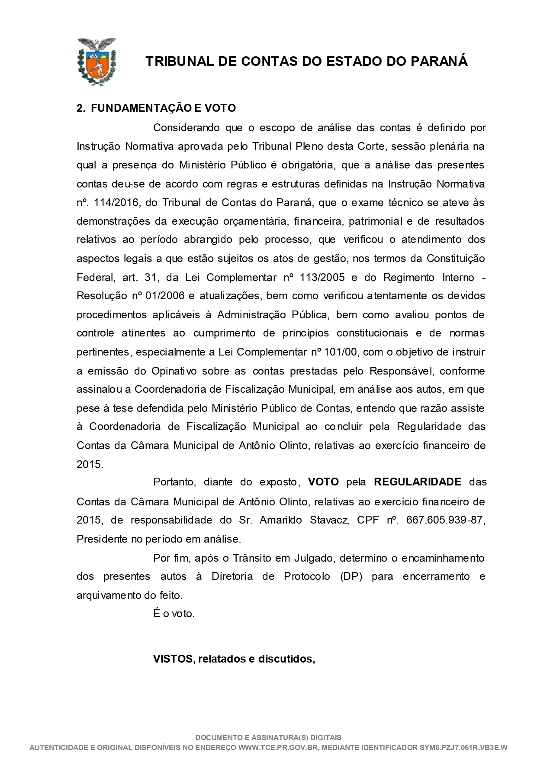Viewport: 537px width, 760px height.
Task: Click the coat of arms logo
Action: tap(96, 61)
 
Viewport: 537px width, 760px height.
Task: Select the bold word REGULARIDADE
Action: tap(418, 482)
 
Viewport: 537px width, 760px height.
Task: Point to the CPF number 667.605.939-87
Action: tap(445, 520)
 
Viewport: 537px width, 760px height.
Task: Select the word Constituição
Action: tap(456, 259)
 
